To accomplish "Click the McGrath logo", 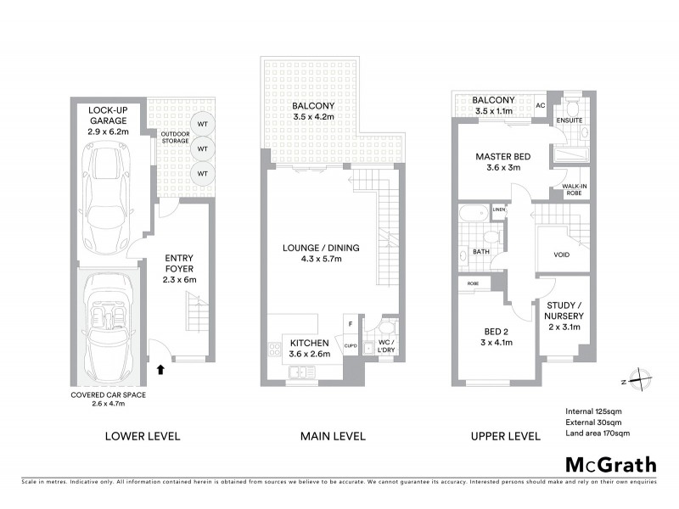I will coord(610,464).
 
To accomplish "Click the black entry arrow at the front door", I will coord(160,369).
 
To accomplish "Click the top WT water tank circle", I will coord(202,124).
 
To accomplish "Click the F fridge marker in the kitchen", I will coord(350,323).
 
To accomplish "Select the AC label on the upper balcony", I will coord(540,106).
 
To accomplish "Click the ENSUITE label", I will coord(570,120).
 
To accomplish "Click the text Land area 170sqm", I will coord(598,433).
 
